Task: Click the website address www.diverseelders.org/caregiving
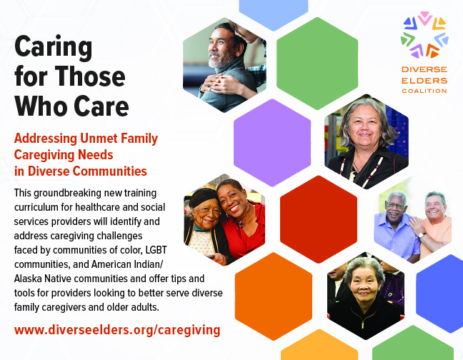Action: [x=117, y=330]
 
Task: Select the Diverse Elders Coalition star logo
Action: [x=424, y=35]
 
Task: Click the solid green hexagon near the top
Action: [x=317, y=53]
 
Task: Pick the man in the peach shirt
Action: [x=436, y=218]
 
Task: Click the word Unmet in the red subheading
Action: [x=111, y=138]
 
